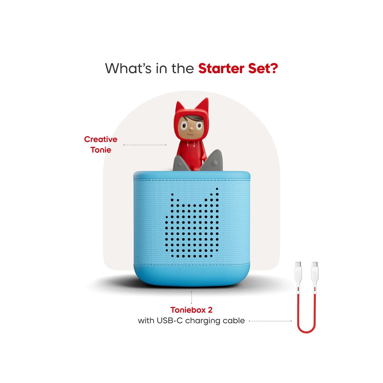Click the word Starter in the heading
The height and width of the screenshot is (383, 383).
click(221, 69)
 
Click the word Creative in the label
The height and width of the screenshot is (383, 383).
click(101, 139)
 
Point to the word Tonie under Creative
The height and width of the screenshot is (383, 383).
click(101, 150)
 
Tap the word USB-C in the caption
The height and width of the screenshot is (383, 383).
click(170, 320)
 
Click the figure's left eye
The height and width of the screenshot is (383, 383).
click(184, 126)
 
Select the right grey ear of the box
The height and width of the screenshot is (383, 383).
click(212, 161)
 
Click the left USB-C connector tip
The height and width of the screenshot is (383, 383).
click(298, 264)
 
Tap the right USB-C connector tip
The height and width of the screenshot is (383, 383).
click(314, 264)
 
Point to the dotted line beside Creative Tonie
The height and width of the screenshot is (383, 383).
click(145, 145)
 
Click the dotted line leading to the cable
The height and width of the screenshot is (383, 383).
click(270, 321)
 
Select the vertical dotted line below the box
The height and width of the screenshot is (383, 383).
click(191, 297)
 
